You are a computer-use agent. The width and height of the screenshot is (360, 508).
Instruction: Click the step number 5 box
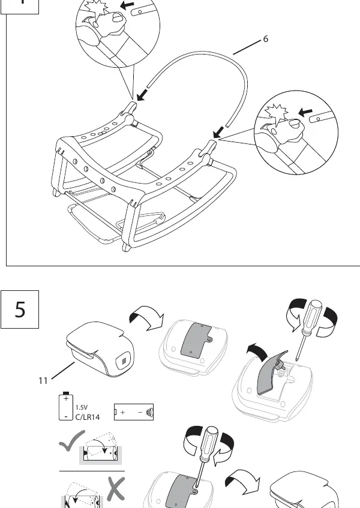(20, 309)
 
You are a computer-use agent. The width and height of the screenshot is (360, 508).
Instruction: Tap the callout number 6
(266, 39)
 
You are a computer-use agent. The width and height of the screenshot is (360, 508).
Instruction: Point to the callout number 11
(43, 381)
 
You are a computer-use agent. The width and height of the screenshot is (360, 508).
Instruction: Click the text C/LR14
(88, 417)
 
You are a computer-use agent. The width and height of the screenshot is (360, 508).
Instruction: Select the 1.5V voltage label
(82, 408)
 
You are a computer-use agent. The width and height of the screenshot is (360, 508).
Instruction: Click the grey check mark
(73, 441)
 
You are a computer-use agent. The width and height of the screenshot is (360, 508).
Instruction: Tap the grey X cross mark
(116, 489)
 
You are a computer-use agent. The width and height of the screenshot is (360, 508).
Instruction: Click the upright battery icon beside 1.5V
(66, 406)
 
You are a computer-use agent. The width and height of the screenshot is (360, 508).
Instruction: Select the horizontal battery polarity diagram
(134, 412)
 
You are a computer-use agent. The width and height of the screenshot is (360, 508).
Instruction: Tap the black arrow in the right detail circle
(305, 112)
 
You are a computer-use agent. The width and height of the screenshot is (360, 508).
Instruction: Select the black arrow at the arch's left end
(142, 95)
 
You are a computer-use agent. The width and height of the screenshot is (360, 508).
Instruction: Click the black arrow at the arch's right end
(218, 132)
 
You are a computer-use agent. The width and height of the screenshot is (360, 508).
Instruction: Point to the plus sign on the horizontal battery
(122, 412)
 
